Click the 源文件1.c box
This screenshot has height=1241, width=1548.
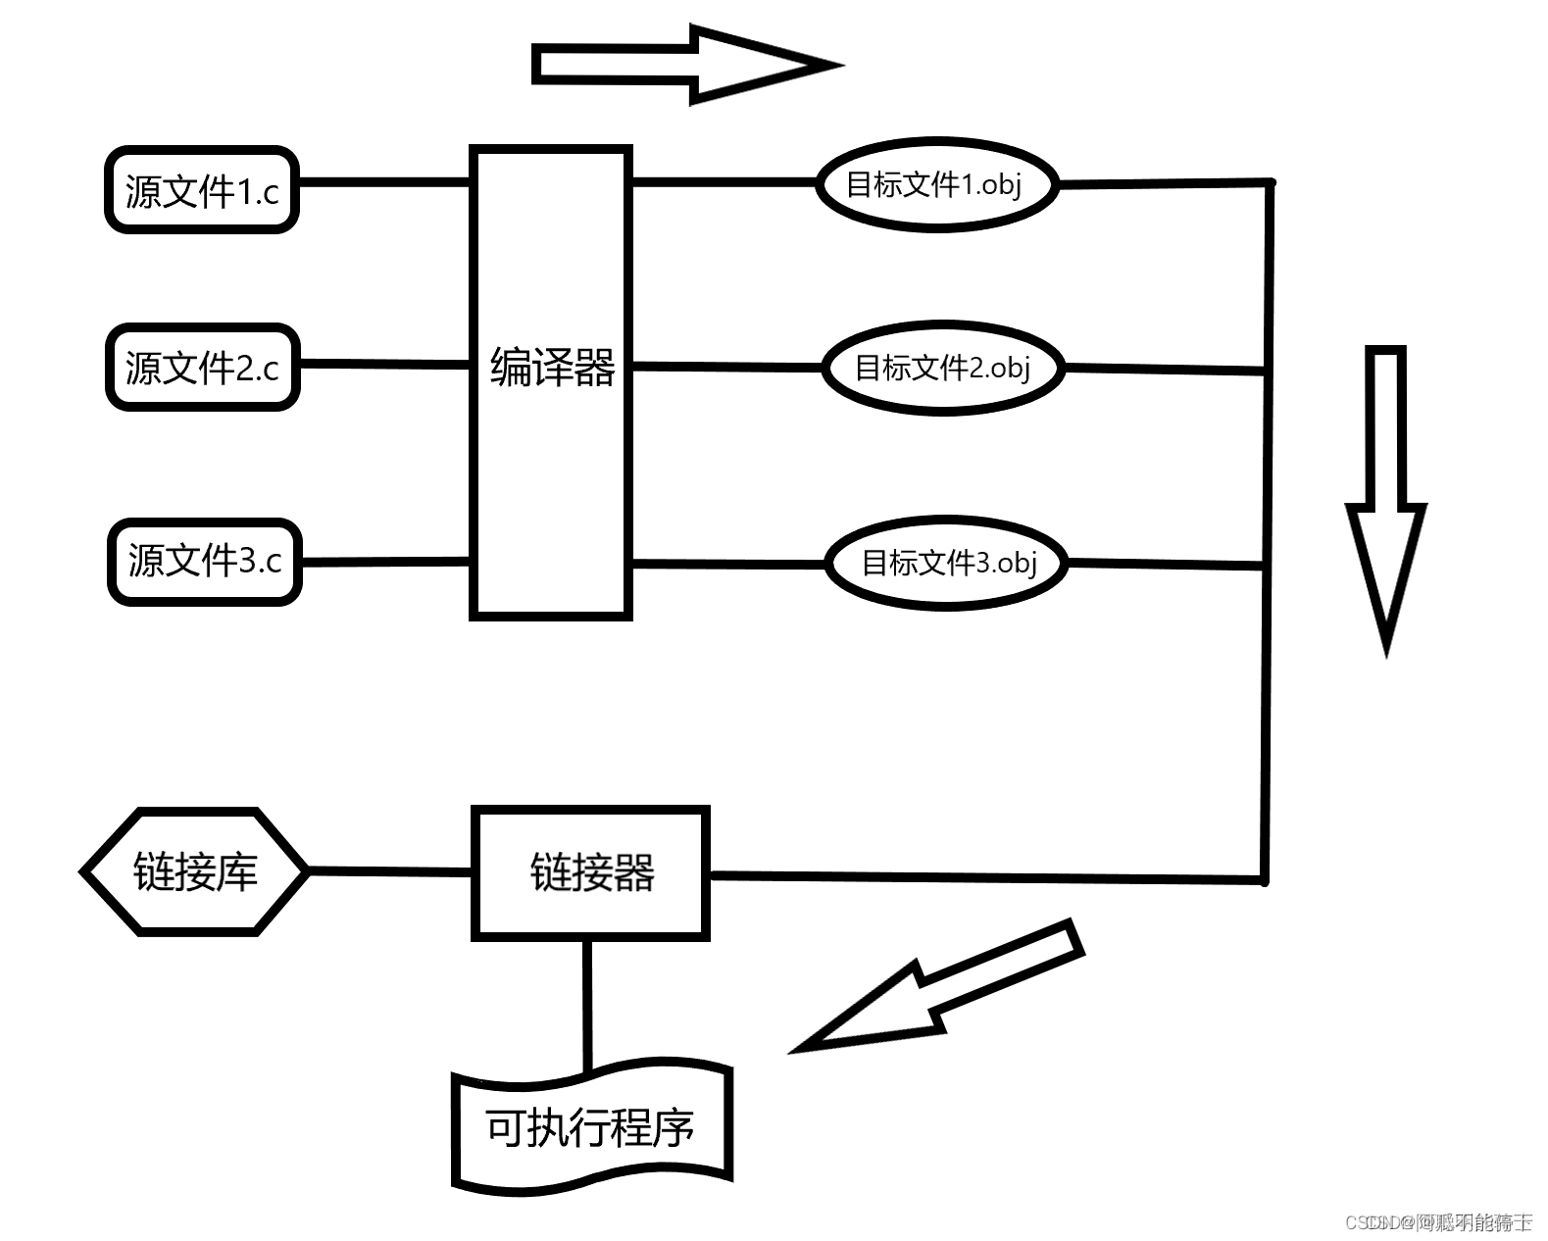(202, 190)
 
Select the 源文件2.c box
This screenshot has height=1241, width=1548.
(202, 367)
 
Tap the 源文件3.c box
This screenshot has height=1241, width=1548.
(204, 561)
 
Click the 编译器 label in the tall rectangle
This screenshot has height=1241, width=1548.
(551, 368)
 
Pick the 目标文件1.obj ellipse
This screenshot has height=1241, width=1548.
(936, 183)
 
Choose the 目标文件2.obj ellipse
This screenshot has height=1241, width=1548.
(942, 368)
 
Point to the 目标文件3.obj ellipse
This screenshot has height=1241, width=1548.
(946, 562)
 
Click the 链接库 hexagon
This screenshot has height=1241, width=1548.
(195, 870)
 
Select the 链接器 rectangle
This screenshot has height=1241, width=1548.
(590, 871)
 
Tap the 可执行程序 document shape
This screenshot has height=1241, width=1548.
(591, 1128)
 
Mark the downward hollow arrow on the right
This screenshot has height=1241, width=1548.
(1385, 490)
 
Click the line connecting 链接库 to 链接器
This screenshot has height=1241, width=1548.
(390, 870)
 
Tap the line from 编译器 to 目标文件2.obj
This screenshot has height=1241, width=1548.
(725, 366)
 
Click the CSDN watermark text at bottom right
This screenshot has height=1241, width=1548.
(1438, 1221)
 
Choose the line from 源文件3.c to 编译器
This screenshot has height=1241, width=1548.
(385, 562)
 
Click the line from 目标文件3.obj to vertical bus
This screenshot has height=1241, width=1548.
(1165, 564)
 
